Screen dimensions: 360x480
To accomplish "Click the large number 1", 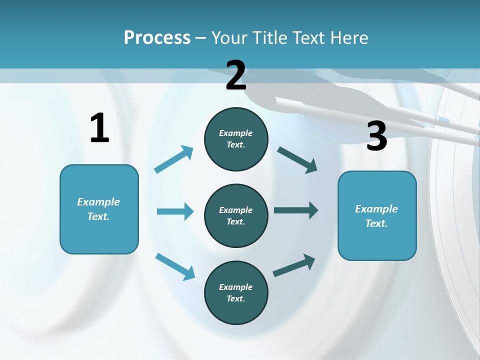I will tap(99, 128).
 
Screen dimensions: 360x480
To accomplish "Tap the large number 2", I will tap(236, 75).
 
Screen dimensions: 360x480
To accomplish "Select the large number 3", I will tap(376, 136).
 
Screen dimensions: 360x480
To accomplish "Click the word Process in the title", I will tap(157, 37).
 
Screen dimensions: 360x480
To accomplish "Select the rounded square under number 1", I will tap(99, 209).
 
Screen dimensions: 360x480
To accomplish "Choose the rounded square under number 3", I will tap(377, 215).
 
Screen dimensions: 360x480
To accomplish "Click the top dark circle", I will tap(236, 139).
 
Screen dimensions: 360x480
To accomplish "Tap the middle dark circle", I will tap(236, 215).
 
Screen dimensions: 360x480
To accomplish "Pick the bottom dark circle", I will tap(236, 292).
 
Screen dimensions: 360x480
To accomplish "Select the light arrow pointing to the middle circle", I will tap(175, 211).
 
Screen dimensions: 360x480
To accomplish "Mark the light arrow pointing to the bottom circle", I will tap(175, 266).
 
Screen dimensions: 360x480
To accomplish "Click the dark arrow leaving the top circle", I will tap(297, 159).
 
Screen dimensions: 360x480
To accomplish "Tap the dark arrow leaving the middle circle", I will tap(296, 210).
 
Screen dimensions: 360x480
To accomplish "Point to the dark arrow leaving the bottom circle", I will tap(294, 265).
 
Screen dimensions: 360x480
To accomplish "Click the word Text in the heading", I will tap(308, 37).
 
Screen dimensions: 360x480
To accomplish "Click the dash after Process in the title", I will tap(201, 38).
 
